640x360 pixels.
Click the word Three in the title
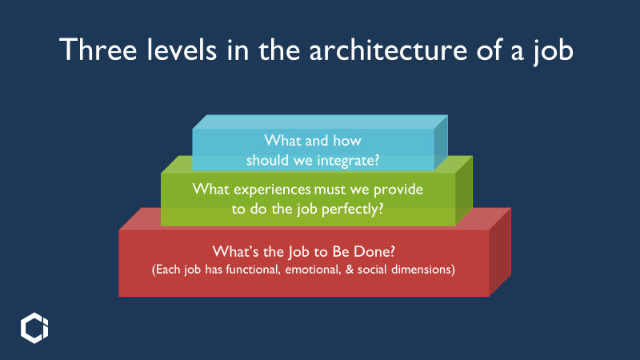(x=98, y=50)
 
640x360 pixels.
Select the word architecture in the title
(x=388, y=50)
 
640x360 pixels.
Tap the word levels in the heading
(x=182, y=50)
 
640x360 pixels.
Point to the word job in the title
(x=554, y=51)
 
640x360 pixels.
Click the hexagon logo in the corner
(x=34, y=328)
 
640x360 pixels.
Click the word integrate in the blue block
(x=348, y=161)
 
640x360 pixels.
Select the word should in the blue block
(x=267, y=160)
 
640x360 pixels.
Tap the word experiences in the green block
(x=272, y=190)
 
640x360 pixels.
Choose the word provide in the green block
(x=398, y=190)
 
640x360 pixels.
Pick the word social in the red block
(x=372, y=270)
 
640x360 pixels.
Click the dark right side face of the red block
(x=500, y=252)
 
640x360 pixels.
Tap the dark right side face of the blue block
(x=441, y=143)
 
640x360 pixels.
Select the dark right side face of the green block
(x=464, y=190)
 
